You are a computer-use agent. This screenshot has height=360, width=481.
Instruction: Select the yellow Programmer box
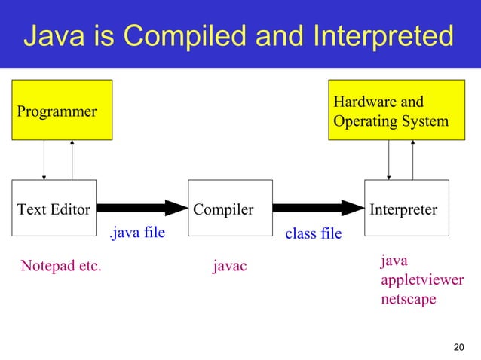pos(62,111)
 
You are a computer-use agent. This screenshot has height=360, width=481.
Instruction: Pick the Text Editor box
pos(54,209)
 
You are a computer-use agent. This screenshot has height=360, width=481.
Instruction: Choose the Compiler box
pos(229,209)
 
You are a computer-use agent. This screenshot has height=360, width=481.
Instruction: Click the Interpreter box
pos(406,209)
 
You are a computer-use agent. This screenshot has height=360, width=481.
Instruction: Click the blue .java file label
pos(136,233)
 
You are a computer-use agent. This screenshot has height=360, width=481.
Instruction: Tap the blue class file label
pos(313,234)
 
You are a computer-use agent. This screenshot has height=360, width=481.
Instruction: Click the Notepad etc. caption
pos(60,265)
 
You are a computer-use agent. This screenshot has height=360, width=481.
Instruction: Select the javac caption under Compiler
pos(230,265)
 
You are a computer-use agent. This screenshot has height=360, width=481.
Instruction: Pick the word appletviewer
pos(422,280)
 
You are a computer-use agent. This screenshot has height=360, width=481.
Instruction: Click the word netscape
pos(409,299)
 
